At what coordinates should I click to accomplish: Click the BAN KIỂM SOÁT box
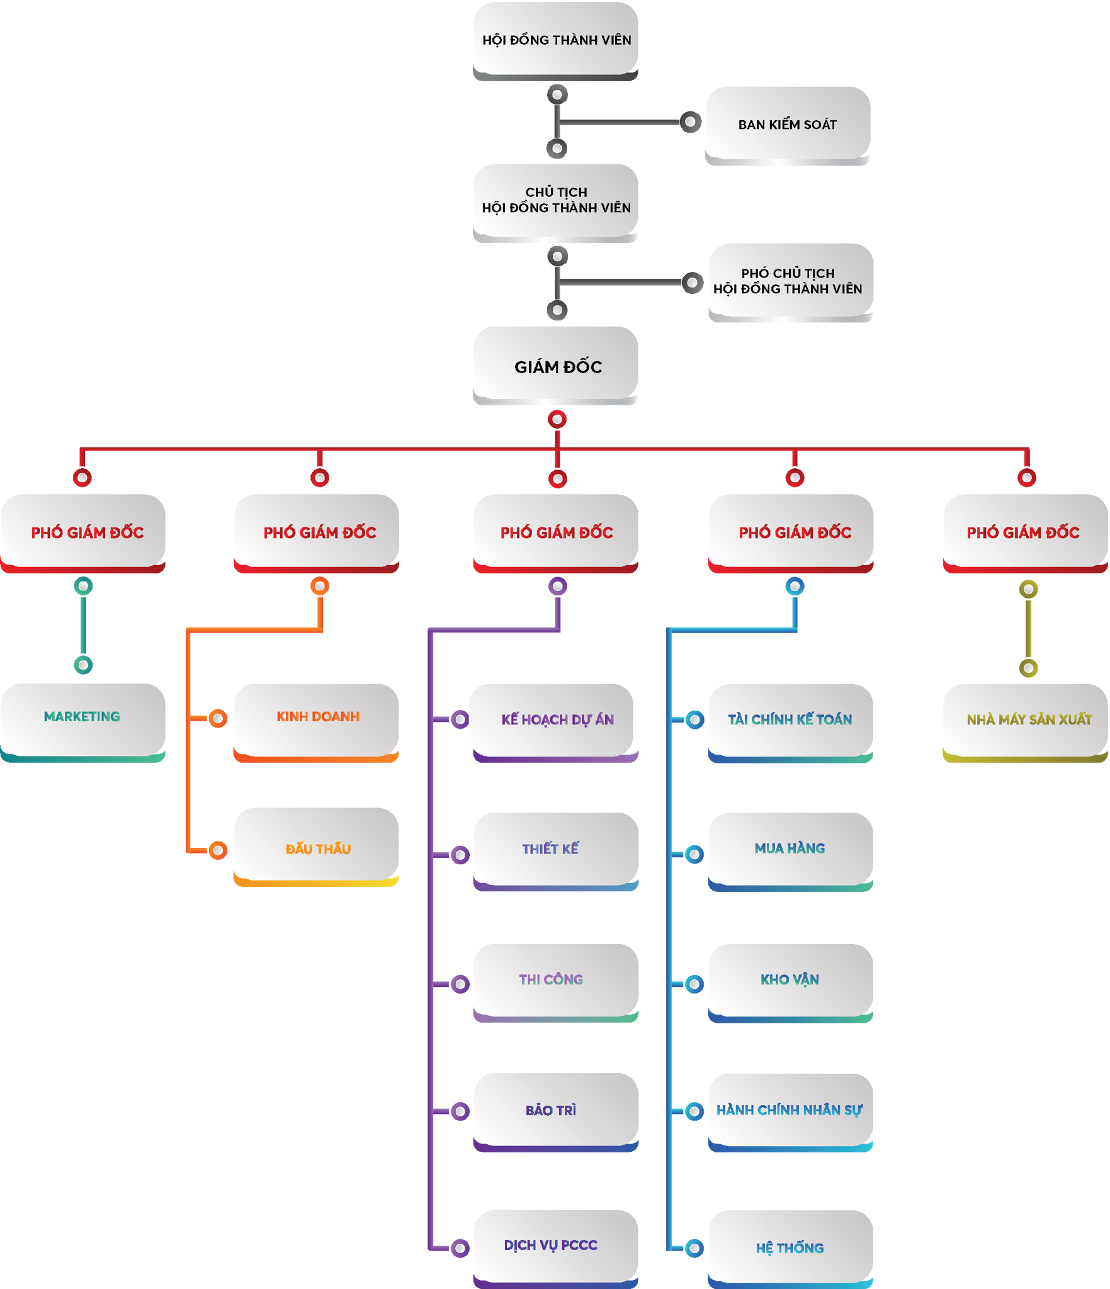pos(788,124)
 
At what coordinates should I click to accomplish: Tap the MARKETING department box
pos(82,718)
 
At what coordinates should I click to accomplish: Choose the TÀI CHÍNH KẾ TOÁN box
pos(790,719)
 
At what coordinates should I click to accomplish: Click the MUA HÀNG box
pos(790,848)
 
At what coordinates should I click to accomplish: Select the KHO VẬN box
pos(790,979)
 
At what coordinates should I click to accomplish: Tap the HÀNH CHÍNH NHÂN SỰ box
pos(790,1110)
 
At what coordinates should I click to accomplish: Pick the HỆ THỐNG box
pos(790,1247)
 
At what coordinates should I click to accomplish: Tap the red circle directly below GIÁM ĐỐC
pos(557,419)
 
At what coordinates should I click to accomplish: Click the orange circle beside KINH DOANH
pos(218,718)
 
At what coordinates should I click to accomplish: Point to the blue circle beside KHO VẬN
pos(694,984)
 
